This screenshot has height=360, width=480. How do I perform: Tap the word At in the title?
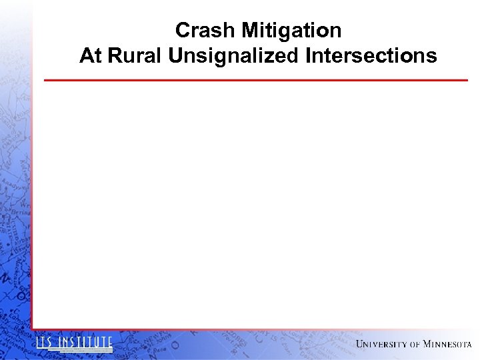point(91,55)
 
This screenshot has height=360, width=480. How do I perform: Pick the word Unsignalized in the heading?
point(234,55)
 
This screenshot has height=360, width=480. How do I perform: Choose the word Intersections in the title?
point(371,55)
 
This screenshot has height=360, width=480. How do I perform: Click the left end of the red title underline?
point(45,80)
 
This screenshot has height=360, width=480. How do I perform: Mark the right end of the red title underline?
point(467,80)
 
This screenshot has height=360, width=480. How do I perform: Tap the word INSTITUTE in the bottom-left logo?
point(85,343)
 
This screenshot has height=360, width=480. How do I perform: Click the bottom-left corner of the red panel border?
point(32,329)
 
